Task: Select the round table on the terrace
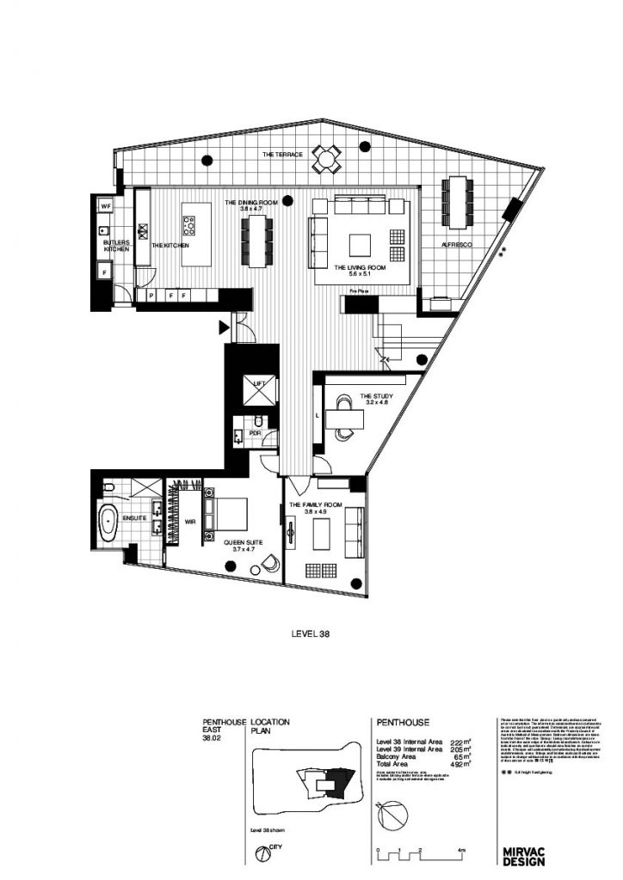point(326,157)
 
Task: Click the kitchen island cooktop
point(189,226)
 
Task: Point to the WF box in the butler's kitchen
point(106,207)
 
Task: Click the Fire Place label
point(359,292)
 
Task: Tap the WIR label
point(190,521)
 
